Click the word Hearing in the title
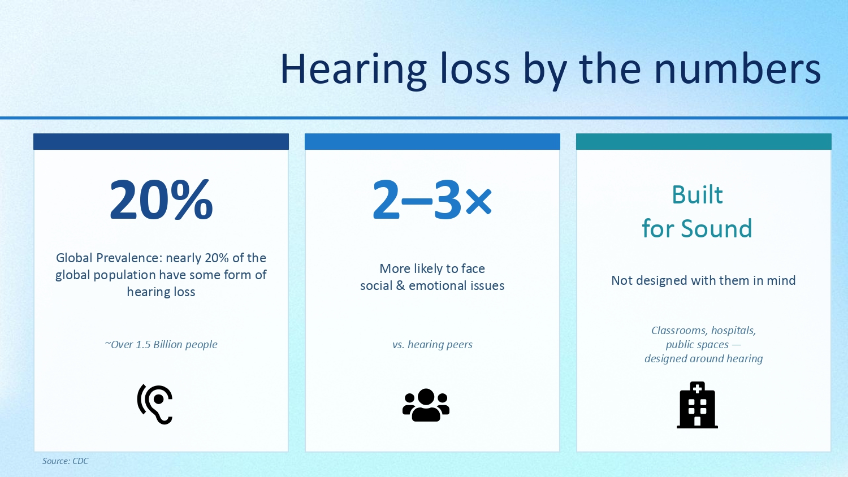pos(353,71)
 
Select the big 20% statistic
pos(161,200)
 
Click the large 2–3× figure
pos(432,200)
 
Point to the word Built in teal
pos(697,195)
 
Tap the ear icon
pos(155,404)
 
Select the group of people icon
pos(426,405)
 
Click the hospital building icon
pos(697,405)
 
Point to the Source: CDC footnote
pos(65,461)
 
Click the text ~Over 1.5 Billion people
pos(161,345)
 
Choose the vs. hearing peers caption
pos(432,345)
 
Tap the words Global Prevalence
pos(109,258)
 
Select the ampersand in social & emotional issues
pos(400,285)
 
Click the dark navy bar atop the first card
pos(161,142)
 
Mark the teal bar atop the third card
pos(704,142)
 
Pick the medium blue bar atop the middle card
pos(432,142)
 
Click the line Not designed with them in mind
pos(703,280)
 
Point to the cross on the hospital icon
pos(697,389)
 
